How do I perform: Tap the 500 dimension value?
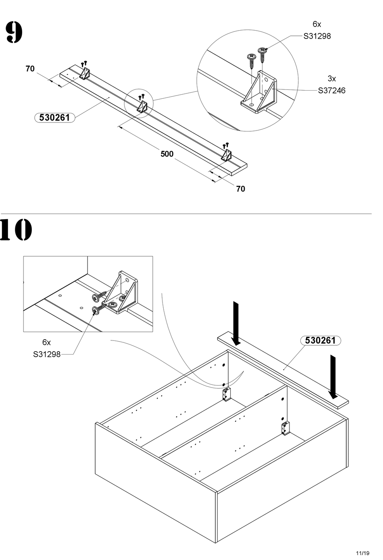tap(167, 154)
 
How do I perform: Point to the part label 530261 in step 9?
tap(54, 118)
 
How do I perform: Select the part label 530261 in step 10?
tap(321, 340)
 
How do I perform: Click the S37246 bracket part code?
tap(331, 90)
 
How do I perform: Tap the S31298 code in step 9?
tap(317, 36)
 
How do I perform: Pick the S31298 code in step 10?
tap(47, 354)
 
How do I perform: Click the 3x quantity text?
tap(331, 79)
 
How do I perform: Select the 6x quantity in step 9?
tap(317, 24)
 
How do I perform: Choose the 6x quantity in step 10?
tap(47, 342)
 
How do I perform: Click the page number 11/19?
tap(362, 553)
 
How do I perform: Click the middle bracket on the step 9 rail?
tap(142, 106)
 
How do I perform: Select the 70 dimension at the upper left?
tap(30, 69)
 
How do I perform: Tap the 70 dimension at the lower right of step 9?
tap(240, 189)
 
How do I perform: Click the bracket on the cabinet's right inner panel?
tap(285, 428)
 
